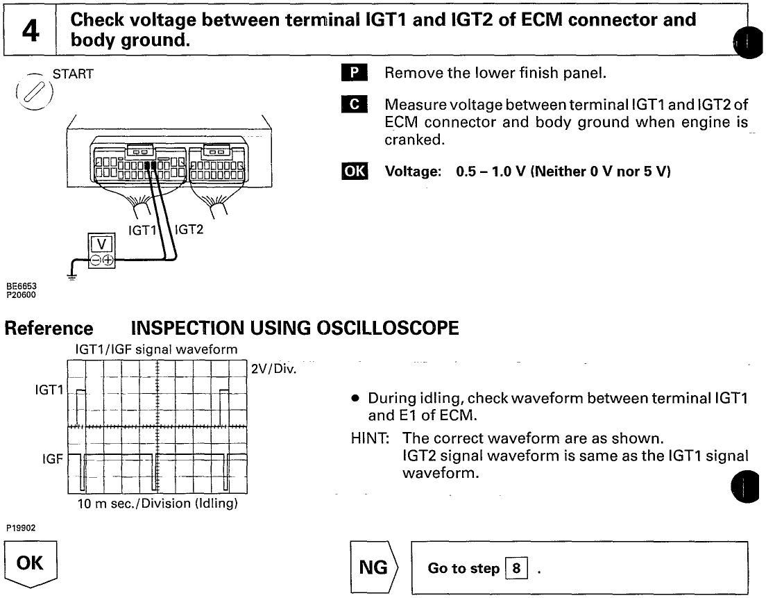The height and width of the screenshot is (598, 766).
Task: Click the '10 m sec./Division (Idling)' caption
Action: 158,504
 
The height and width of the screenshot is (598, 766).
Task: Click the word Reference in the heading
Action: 49,328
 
